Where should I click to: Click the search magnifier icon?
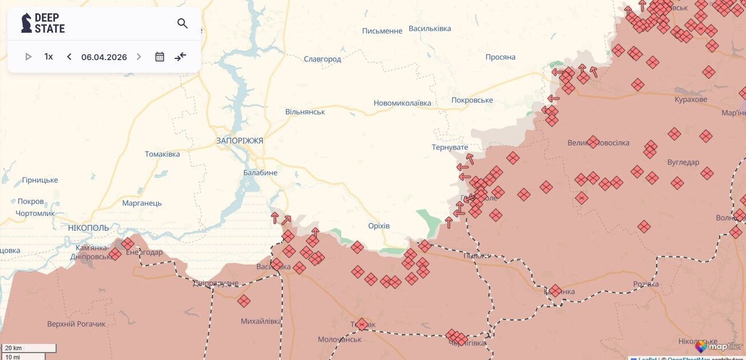(183, 23)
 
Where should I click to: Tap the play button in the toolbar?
(28, 57)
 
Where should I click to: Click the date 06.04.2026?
(104, 57)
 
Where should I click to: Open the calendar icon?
(160, 57)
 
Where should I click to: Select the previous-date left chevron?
(69, 57)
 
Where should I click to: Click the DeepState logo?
(43, 23)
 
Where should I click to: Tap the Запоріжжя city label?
(239, 140)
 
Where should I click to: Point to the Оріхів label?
(378, 226)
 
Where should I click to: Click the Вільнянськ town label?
(305, 112)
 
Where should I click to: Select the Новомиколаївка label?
(402, 104)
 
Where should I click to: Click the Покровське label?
(472, 100)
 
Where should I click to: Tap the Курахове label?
(690, 100)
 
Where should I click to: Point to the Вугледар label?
(683, 163)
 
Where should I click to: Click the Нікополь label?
(88, 228)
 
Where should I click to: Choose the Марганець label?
(142, 203)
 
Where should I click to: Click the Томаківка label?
(162, 155)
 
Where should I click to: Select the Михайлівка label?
(260, 322)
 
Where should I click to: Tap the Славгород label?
(322, 59)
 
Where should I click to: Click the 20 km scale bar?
(29, 348)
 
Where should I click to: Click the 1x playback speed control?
(49, 57)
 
